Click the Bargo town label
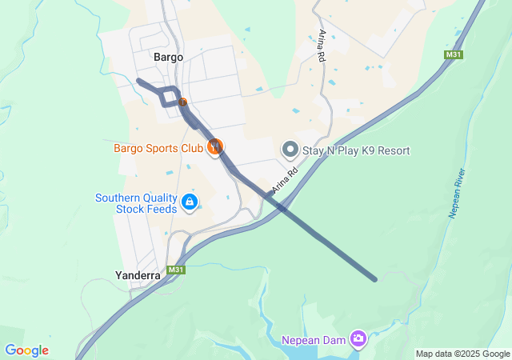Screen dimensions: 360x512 click(x=168, y=58)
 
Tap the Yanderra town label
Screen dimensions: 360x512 click(x=137, y=275)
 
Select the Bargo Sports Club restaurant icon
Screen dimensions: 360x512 click(x=214, y=146)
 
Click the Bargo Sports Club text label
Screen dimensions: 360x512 click(x=158, y=148)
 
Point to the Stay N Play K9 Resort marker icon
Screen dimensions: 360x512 click(x=290, y=150)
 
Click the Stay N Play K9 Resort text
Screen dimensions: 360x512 click(x=356, y=150)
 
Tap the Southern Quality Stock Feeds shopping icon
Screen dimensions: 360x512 click(x=189, y=203)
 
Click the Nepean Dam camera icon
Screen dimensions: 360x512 click(x=359, y=340)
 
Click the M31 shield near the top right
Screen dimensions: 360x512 click(x=454, y=55)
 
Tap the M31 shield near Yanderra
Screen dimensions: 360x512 click(x=177, y=270)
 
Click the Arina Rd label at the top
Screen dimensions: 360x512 click(x=322, y=46)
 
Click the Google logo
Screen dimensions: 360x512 click(x=26, y=350)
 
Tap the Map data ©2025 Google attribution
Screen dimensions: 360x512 click(x=462, y=354)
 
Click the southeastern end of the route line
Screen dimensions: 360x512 click(x=374, y=279)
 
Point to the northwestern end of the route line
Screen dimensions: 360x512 click(x=139, y=80)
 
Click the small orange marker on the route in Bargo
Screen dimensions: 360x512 click(x=182, y=102)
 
